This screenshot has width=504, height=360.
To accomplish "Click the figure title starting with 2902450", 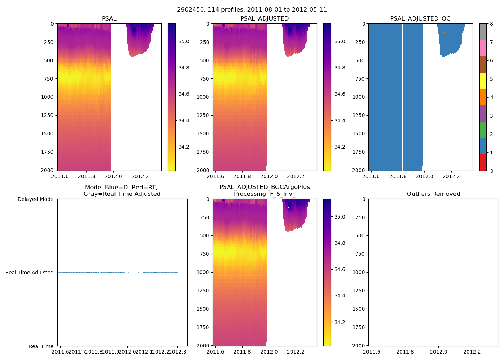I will point(252,10).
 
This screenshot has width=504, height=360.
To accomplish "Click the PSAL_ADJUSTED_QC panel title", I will point(420,19).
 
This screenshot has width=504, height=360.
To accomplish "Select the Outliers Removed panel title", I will point(433,194).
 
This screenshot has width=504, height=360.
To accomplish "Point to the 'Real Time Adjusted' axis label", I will point(29,273).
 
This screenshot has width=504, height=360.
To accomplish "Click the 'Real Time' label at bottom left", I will point(41,346).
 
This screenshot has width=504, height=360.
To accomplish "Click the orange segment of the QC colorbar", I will point(483,97).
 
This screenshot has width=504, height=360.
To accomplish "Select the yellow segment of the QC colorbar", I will point(483,81).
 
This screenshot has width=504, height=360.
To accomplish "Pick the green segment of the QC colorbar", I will point(483,130).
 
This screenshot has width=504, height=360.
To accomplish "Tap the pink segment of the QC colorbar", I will point(483,48).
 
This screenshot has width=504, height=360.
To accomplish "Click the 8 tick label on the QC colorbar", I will point(491,24).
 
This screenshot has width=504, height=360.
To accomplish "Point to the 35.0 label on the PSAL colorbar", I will point(184,41).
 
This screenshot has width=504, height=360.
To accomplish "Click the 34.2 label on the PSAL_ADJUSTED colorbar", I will point(339,147).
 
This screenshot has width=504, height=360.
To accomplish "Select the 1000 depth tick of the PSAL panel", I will point(47,97).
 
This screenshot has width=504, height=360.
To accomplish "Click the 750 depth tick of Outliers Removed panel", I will point(360,254).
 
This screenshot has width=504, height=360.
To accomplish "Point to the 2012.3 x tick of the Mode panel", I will point(177,352).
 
